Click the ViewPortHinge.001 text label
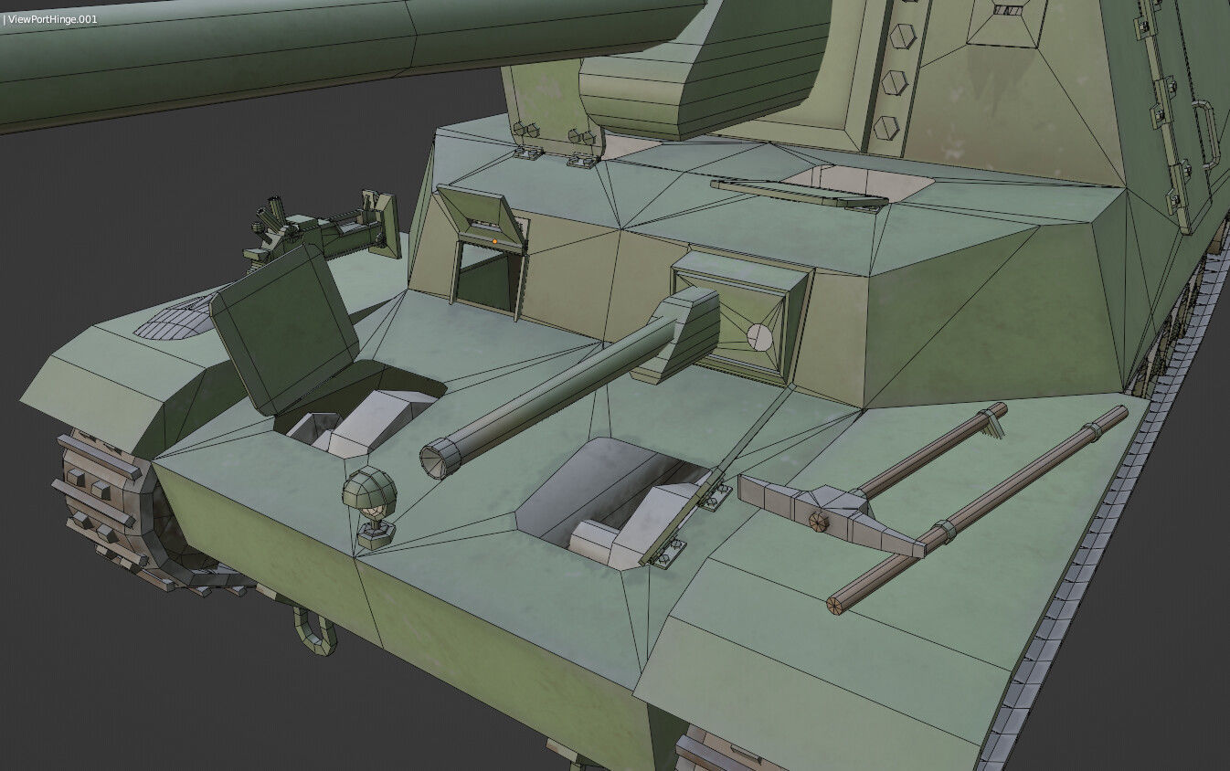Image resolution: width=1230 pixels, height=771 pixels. tap(52, 18)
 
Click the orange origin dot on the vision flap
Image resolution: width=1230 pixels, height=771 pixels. tap(494, 241)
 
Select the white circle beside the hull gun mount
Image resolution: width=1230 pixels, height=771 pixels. tap(759, 337)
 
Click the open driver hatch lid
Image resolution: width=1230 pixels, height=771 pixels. tap(285, 326)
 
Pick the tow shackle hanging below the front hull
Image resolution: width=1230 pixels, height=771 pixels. tap(313, 631)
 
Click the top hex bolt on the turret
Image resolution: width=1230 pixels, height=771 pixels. tap(902, 37)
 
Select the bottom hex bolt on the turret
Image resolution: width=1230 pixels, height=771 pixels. tap(885, 127)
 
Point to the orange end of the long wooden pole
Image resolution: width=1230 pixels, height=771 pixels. tap(834, 604)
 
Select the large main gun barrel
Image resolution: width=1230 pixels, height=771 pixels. tap(274, 55)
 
